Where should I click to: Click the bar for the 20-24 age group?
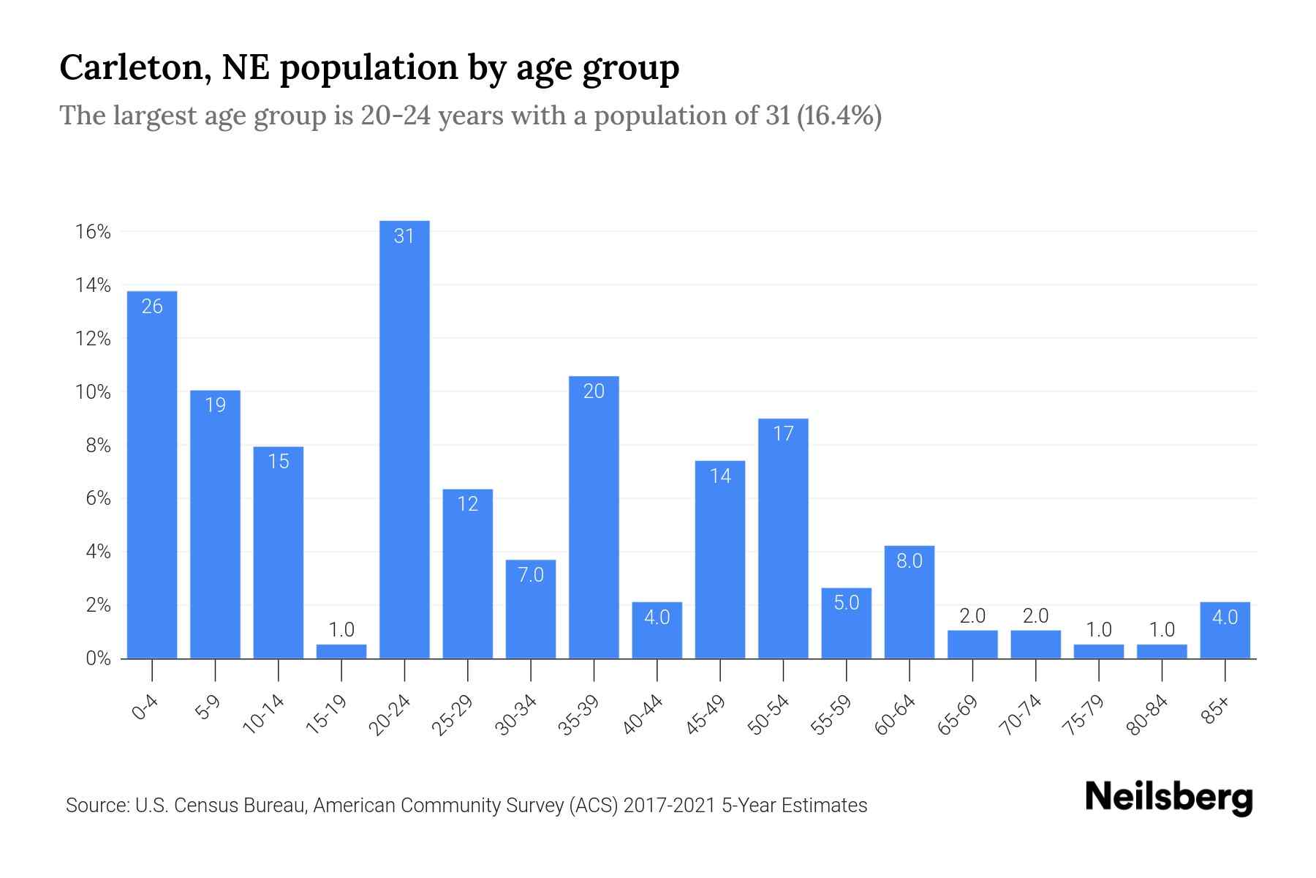(404, 439)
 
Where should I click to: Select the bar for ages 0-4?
(152, 476)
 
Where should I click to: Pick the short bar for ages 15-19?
(341, 651)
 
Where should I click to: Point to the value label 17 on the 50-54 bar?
(783, 434)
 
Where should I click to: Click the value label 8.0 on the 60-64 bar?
(910, 561)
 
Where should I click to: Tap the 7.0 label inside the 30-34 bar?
(531, 575)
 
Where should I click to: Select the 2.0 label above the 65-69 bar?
(972, 616)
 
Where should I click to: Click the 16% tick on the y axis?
(93, 232)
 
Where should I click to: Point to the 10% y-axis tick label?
(93, 392)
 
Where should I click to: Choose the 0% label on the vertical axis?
(98, 658)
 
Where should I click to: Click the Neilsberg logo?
(1168, 798)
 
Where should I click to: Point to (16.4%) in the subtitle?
(839, 116)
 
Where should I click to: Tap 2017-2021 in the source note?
(669, 806)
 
